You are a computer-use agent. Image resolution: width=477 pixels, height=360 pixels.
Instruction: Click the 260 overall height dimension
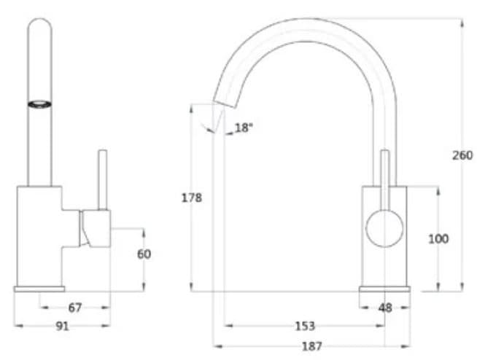click(462, 155)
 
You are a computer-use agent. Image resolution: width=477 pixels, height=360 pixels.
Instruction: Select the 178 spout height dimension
click(192, 197)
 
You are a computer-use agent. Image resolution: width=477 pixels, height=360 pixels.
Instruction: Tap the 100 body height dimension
click(438, 239)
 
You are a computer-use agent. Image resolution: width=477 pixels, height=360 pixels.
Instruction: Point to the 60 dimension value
click(144, 254)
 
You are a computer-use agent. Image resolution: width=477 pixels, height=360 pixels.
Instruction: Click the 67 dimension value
click(75, 308)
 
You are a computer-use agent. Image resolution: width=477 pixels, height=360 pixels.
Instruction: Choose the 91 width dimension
click(62, 326)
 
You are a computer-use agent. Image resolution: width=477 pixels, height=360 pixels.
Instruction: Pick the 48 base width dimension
click(385, 308)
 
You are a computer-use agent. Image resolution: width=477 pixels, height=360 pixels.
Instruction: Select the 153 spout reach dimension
click(304, 326)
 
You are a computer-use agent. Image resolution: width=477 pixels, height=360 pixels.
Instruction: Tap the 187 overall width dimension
click(311, 346)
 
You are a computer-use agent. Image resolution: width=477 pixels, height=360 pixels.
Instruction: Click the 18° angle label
click(243, 128)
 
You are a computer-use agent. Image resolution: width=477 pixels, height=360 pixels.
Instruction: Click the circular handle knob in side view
click(384, 227)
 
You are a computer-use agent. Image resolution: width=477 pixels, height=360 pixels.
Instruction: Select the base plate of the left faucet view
click(39, 289)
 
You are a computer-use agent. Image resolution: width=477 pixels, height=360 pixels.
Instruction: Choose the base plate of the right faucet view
click(384, 289)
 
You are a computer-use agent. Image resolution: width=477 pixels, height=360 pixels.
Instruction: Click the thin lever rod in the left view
click(103, 179)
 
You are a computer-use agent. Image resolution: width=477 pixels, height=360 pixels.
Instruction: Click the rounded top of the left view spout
click(41, 29)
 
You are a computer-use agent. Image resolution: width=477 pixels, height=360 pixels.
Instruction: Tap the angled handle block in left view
click(95, 228)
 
